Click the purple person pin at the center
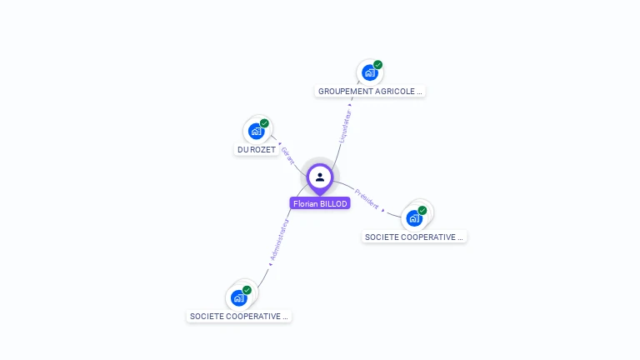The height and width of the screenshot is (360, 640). (320, 177)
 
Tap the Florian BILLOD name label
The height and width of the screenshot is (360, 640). (320, 203)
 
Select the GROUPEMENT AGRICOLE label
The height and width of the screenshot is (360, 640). (370, 91)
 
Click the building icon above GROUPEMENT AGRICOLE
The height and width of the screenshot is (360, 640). (370, 72)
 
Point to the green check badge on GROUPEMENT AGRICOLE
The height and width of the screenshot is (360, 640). (378, 65)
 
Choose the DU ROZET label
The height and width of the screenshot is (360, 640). (257, 150)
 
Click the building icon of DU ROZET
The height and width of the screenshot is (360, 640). (257, 131)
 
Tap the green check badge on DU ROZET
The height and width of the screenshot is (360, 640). (265, 123)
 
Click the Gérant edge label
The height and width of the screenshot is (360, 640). (288, 155)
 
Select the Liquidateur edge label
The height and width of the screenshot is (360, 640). (347, 125)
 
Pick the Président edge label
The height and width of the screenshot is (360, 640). (367, 198)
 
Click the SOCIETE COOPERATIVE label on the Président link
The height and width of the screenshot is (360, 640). (414, 237)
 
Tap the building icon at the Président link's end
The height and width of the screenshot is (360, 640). (414, 218)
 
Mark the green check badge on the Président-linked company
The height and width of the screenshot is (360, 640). (422, 211)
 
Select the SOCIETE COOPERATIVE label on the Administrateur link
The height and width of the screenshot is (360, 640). (239, 317)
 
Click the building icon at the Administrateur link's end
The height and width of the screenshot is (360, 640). (239, 297)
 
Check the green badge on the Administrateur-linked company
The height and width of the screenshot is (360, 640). (247, 290)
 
